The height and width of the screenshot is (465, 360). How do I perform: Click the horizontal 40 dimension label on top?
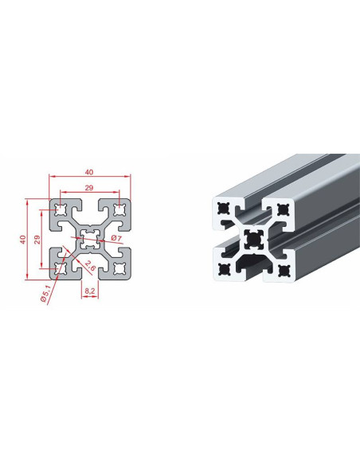pos(89,172)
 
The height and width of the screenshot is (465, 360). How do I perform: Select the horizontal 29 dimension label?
pos(89,188)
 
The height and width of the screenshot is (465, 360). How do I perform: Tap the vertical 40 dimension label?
pos(23,240)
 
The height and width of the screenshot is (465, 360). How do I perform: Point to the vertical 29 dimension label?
pos(37,240)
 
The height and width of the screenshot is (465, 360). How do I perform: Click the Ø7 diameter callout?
pos(116,238)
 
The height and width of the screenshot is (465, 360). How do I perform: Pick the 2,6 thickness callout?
pos(90,265)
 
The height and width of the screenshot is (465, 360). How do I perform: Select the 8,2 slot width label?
pos(90,291)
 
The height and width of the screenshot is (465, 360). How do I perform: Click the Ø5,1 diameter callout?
pos(46,294)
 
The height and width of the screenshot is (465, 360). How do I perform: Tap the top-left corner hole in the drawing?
pos(61,210)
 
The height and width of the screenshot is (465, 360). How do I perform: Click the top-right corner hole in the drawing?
pos(119,210)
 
